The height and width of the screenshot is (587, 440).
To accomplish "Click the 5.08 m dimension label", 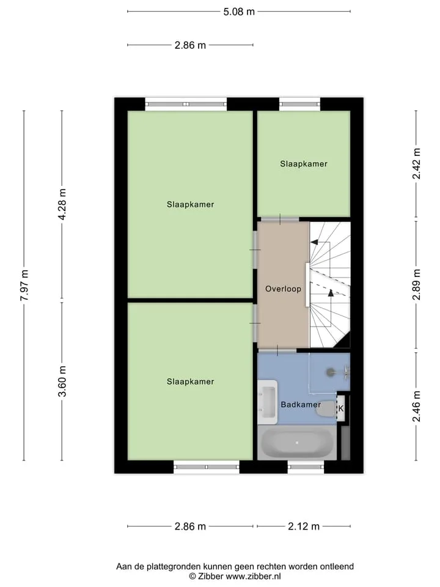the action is (239, 12).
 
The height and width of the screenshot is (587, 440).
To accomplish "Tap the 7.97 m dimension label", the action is (24, 285).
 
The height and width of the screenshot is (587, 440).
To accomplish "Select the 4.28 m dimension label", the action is (62, 204).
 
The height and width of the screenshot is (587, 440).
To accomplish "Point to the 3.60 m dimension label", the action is (62, 381).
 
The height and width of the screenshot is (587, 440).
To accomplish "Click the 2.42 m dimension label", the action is (416, 164).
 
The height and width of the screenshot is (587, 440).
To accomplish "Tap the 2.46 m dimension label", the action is (416, 406).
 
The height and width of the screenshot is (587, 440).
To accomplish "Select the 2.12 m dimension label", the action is (304, 526).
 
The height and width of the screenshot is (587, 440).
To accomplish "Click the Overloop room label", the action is (283, 289).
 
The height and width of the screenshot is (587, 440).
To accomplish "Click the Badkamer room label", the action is (301, 404).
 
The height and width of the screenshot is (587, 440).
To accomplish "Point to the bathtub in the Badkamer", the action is (297, 443).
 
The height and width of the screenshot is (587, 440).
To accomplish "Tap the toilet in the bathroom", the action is (326, 409).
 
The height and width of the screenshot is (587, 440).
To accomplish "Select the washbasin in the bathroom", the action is (268, 402).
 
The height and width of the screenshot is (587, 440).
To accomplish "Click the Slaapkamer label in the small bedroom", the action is (304, 164).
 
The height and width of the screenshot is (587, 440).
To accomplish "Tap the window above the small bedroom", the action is (300, 104).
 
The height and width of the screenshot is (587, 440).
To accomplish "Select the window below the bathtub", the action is (306, 467).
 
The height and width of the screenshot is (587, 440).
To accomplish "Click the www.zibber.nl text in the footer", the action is (253, 576).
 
